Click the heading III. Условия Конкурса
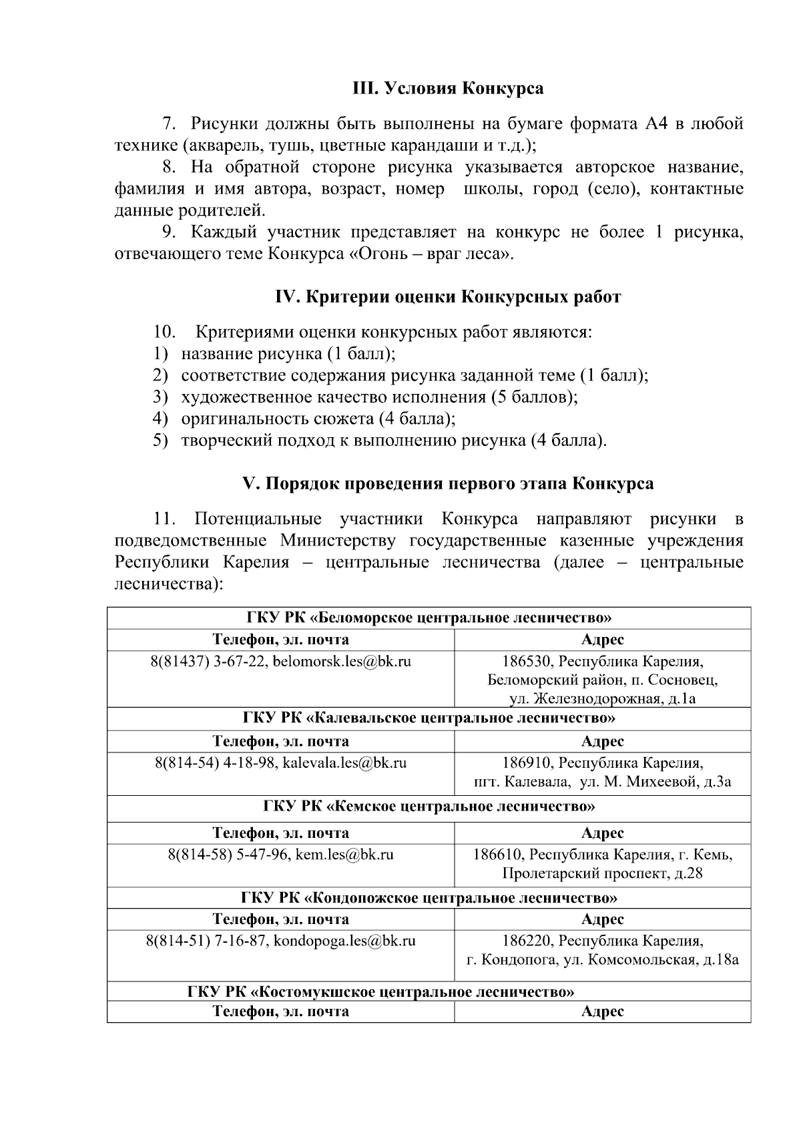(x=448, y=88)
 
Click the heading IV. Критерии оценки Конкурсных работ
(x=448, y=297)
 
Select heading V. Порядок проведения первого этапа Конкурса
(x=448, y=483)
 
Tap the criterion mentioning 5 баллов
(x=378, y=397)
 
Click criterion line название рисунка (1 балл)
(x=288, y=354)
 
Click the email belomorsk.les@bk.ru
(x=342, y=662)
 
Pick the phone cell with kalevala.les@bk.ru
(x=280, y=762)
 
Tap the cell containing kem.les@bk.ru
(x=280, y=854)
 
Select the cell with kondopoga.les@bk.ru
(x=280, y=941)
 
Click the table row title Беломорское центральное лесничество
(x=429, y=618)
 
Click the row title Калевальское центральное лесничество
(x=429, y=718)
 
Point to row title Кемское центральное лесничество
(x=429, y=806)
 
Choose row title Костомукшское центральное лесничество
(x=380, y=991)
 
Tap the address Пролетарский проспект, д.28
(x=602, y=873)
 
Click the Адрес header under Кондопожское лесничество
(x=602, y=919)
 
